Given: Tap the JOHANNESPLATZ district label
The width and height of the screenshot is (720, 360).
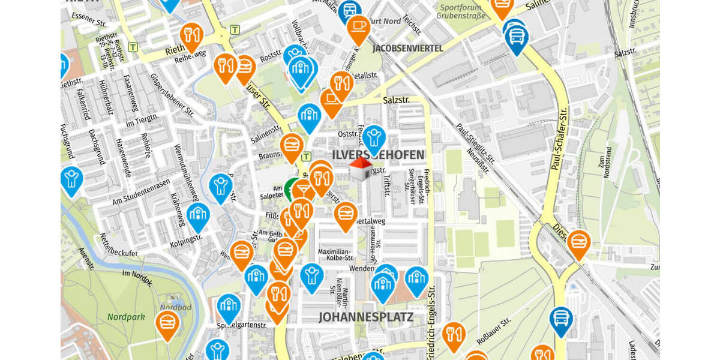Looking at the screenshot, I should click(x=365, y=317).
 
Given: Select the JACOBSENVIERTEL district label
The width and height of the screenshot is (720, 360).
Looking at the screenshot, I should click(x=407, y=48).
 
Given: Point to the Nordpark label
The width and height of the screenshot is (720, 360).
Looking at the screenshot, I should click(x=122, y=316).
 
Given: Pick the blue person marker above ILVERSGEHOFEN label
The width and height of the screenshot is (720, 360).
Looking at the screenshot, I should click(x=374, y=138).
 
